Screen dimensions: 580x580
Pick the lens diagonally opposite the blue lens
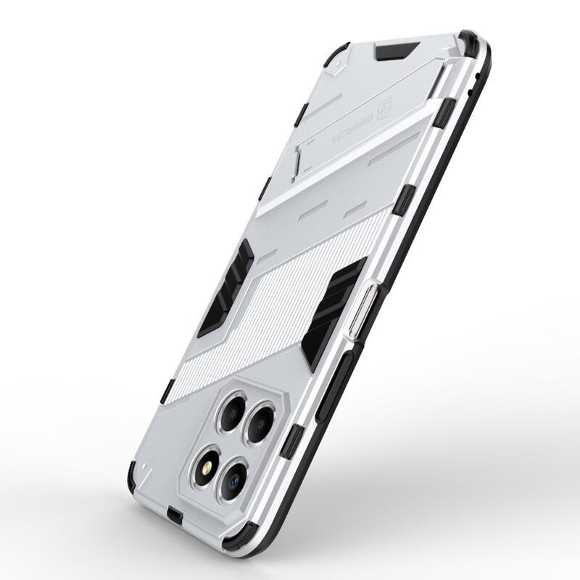pos(231,411)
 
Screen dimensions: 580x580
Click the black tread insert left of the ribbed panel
pos(227,286)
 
